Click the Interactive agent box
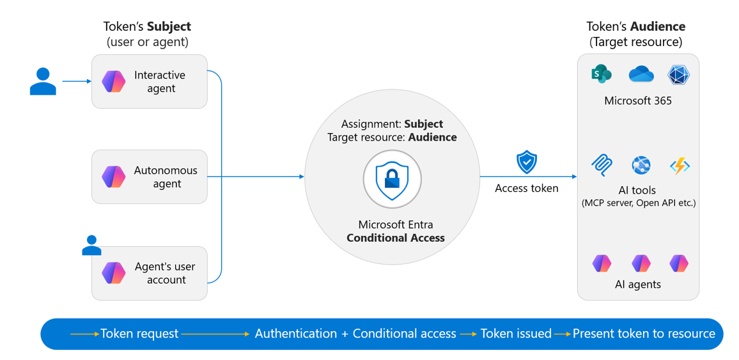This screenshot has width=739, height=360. click(x=150, y=81)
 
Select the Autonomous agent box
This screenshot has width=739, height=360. click(x=150, y=176)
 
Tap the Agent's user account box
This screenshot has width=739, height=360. click(x=150, y=273)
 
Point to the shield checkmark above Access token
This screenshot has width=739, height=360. click(x=527, y=163)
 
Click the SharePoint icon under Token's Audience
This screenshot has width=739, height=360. click(x=600, y=74)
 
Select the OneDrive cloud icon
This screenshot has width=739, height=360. click(x=641, y=74)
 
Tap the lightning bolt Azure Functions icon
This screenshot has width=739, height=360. click(x=680, y=166)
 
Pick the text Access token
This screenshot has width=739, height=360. click(x=527, y=189)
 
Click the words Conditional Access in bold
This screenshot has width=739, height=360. click(x=396, y=237)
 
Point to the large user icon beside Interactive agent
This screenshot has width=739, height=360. click(x=43, y=81)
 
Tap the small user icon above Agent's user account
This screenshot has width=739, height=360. click(x=91, y=245)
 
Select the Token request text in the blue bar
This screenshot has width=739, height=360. click(x=139, y=334)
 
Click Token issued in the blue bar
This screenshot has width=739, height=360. click(x=516, y=334)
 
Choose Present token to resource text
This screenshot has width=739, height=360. click(x=644, y=334)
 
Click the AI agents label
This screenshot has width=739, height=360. click(x=638, y=284)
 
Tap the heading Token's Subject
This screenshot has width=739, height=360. click(x=148, y=26)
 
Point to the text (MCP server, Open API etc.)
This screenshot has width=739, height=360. click(x=638, y=203)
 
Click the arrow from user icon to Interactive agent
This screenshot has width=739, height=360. click(x=77, y=81)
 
